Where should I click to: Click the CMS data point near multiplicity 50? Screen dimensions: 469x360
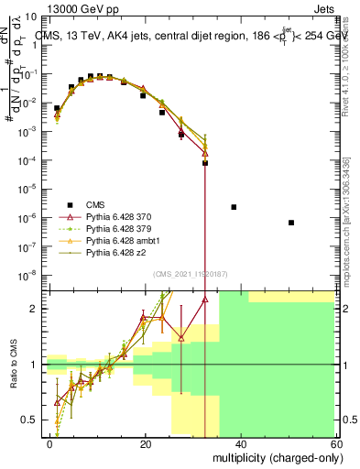(x=290, y=223)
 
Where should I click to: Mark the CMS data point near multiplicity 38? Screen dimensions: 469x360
(x=234, y=207)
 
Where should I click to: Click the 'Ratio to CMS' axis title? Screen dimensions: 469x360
(x=14, y=365)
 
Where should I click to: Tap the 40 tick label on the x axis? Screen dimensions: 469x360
(x=240, y=443)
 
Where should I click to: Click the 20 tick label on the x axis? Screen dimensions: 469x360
(x=145, y=443)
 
